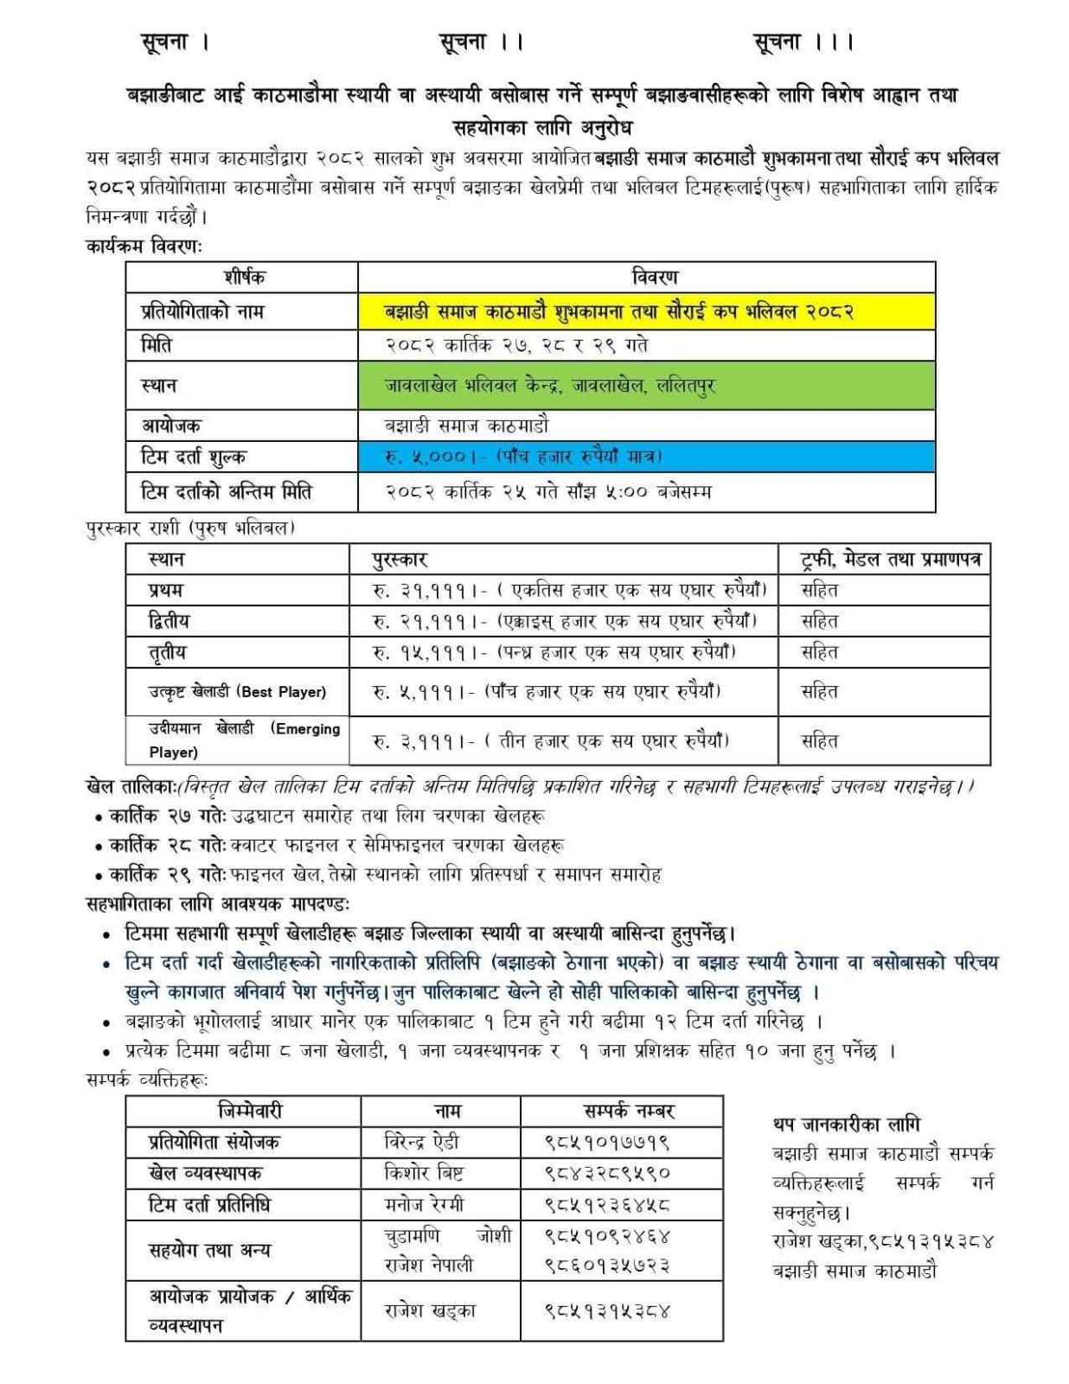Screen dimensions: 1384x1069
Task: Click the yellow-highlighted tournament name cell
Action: coord(646,311)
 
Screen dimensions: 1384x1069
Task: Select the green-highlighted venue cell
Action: coord(646,385)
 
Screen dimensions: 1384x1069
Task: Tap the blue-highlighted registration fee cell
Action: coord(646,456)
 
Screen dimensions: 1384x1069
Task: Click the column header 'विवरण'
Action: coord(655,278)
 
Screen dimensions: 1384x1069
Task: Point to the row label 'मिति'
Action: coord(157,345)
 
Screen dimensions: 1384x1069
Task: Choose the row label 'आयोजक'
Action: coord(171,425)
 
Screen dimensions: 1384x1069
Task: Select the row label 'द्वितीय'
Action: coord(169,620)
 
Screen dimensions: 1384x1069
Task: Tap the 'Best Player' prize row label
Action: coord(237,691)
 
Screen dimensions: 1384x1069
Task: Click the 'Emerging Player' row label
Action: coord(244,740)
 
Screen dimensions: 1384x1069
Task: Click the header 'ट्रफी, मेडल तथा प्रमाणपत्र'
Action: coord(891,560)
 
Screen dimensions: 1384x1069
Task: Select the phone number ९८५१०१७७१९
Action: coord(607,1142)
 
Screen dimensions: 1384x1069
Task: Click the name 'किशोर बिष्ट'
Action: coord(424,1173)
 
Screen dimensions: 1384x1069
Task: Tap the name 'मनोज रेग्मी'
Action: coord(424,1204)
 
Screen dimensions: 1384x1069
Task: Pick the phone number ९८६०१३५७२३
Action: coord(607,1265)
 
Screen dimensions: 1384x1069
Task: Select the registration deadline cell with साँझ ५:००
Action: coord(549,491)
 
